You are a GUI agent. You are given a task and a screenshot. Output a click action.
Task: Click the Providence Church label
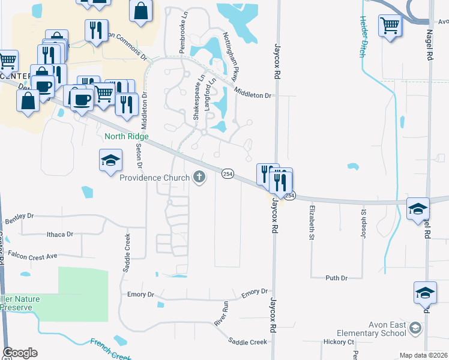[x=154, y=178]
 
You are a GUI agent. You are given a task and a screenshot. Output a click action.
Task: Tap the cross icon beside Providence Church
[x=199, y=177]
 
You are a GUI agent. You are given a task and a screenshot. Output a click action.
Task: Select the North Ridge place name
[x=126, y=136]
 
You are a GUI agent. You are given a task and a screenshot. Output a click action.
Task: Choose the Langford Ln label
[x=209, y=95]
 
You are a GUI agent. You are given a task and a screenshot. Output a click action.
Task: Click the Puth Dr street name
[x=336, y=278]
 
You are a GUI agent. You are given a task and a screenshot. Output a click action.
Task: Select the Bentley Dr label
[x=20, y=218]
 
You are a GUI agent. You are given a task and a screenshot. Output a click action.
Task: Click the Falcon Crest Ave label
[x=33, y=256]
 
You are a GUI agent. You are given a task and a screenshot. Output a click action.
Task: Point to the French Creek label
[x=111, y=350]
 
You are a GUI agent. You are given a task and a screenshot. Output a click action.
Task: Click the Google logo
[x=20, y=352]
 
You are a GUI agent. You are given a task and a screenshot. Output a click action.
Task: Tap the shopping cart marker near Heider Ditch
[x=390, y=26]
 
